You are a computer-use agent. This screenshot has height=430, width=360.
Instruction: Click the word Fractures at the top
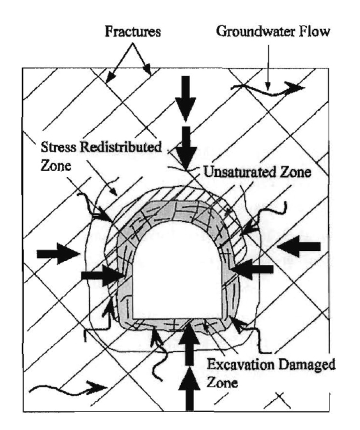pyautogui.click(x=133, y=31)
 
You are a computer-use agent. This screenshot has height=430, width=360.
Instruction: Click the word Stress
pyautogui.click(x=59, y=147)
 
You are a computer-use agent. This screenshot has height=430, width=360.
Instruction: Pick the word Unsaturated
pyautogui.click(x=239, y=172)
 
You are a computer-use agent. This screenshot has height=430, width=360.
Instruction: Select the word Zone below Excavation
pyautogui.click(x=222, y=382)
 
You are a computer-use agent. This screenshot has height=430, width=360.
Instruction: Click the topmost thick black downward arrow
pyautogui.click(x=186, y=99)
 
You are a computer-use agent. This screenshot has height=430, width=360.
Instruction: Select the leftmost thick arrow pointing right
pyautogui.click(x=58, y=254)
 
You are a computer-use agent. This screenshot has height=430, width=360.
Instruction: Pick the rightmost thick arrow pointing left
pyautogui.click(x=299, y=246)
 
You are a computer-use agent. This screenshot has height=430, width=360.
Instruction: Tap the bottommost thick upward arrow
pyautogui.click(x=189, y=389)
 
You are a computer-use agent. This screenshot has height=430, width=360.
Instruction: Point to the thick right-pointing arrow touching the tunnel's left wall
pyautogui.click(x=102, y=275)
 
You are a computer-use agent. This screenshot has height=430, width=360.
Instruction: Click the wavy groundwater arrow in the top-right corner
pyautogui.click(x=268, y=89)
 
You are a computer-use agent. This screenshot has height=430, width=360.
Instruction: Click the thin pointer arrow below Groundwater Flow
pyautogui.click(x=268, y=68)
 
